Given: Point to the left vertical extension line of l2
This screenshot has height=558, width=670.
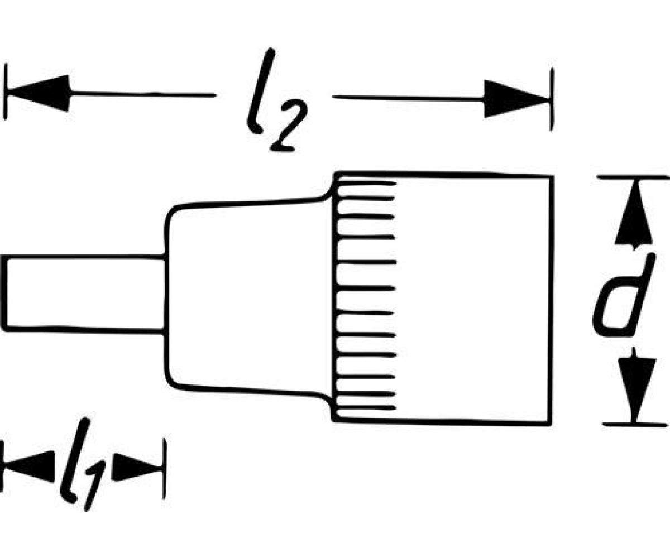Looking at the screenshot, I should [5, 92].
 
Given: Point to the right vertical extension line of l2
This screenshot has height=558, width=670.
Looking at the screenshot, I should [552, 99].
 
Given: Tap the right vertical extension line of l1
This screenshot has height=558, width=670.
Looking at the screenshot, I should [165, 468].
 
